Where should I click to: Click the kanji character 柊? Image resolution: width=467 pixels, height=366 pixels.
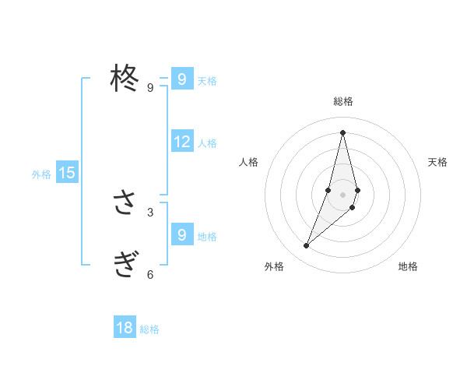coord(124,78)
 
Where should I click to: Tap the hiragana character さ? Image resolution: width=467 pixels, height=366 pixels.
coord(124,203)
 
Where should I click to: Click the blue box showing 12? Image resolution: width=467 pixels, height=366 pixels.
coord(182,142)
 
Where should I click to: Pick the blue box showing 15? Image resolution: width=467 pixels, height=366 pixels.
coord(67,173)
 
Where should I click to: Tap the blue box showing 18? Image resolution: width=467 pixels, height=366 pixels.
coord(125,328)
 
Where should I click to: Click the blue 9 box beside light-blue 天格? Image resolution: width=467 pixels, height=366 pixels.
coord(182,79)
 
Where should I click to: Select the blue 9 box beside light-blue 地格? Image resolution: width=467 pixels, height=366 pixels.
coord(182,234)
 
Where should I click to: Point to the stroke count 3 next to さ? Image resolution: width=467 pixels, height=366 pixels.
coord(150,212)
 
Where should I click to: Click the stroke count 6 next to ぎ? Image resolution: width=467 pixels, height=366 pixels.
coord(150,274)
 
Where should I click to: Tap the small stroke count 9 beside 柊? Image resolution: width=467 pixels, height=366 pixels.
coord(150,87)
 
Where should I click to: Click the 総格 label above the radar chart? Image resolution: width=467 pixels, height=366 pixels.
coord(343,101)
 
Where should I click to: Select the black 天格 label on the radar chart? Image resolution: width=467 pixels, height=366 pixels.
coord(438,162)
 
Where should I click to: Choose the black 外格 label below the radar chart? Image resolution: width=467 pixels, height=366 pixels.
coord(274,266)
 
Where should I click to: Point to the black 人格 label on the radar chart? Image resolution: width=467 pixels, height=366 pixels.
coord(248,162)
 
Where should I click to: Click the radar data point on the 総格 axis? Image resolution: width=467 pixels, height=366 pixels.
coord(343,132)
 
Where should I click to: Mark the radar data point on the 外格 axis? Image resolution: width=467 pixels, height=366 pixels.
coord(307,246)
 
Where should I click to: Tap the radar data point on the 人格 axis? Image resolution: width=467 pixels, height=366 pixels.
coord(328,190)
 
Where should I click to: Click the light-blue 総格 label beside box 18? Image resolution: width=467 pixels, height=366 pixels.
coord(149,329)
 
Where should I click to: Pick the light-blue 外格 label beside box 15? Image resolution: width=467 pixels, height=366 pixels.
coord(41,174)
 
